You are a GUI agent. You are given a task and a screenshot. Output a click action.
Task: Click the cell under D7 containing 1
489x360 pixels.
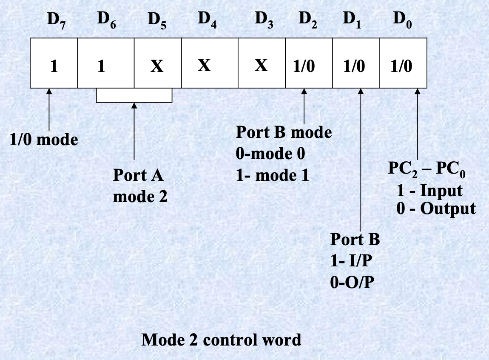(54, 67)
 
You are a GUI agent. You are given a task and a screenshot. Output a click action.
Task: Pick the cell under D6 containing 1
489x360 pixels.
(101, 67)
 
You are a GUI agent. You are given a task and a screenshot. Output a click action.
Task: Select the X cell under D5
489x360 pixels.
(157, 67)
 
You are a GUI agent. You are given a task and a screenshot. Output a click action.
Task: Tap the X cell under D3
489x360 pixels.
(261, 66)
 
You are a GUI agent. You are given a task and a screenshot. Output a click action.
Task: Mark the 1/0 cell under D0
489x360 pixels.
(401, 67)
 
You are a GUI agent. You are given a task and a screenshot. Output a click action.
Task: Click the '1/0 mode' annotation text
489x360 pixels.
(44, 140)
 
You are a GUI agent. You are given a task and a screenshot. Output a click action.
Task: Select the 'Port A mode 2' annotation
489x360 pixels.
(140, 186)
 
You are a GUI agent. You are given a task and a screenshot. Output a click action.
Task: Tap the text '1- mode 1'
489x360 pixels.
(273, 175)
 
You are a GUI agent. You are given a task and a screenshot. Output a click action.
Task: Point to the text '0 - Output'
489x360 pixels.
(436, 209)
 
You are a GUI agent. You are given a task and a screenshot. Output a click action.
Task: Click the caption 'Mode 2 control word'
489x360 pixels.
(221, 340)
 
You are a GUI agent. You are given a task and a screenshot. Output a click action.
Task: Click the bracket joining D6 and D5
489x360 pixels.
(134, 101)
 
